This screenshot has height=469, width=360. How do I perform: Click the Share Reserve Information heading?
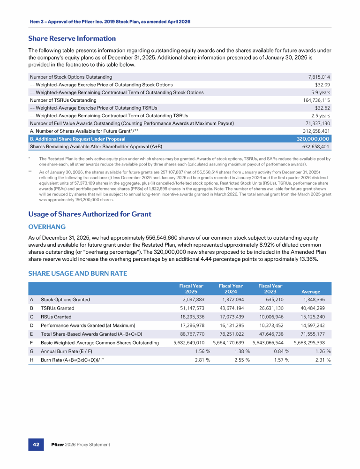tap(72, 38)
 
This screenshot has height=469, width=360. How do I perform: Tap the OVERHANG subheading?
tap(47, 226)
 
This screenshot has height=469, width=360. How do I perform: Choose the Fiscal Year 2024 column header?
tap(231, 288)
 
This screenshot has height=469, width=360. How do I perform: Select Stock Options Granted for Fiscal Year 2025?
tap(191, 299)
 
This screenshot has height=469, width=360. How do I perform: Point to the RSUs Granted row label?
tap(56, 317)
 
